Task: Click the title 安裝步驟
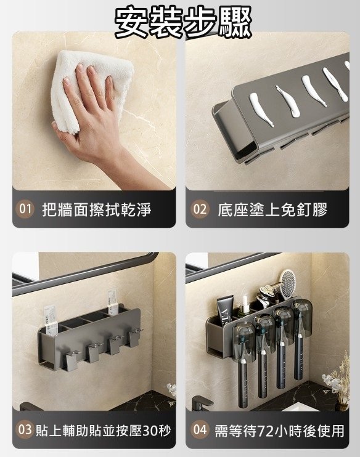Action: [x=183, y=22]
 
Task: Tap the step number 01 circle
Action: [x=25, y=209]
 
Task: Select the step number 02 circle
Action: [x=200, y=209]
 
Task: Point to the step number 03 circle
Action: [x=25, y=429]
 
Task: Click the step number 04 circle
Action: [x=200, y=430]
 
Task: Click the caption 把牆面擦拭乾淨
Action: [x=97, y=209]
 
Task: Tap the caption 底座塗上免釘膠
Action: [x=272, y=209]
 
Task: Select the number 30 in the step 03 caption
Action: [x=149, y=431]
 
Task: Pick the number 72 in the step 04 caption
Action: [x=263, y=431]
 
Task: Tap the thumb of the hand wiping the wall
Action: [x=63, y=132]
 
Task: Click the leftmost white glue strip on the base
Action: [x=261, y=109]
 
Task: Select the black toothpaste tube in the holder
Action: [x=226, y=310]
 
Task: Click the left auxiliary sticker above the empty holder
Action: [x=51, y=320]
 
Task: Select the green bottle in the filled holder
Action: [x=243, y=310]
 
